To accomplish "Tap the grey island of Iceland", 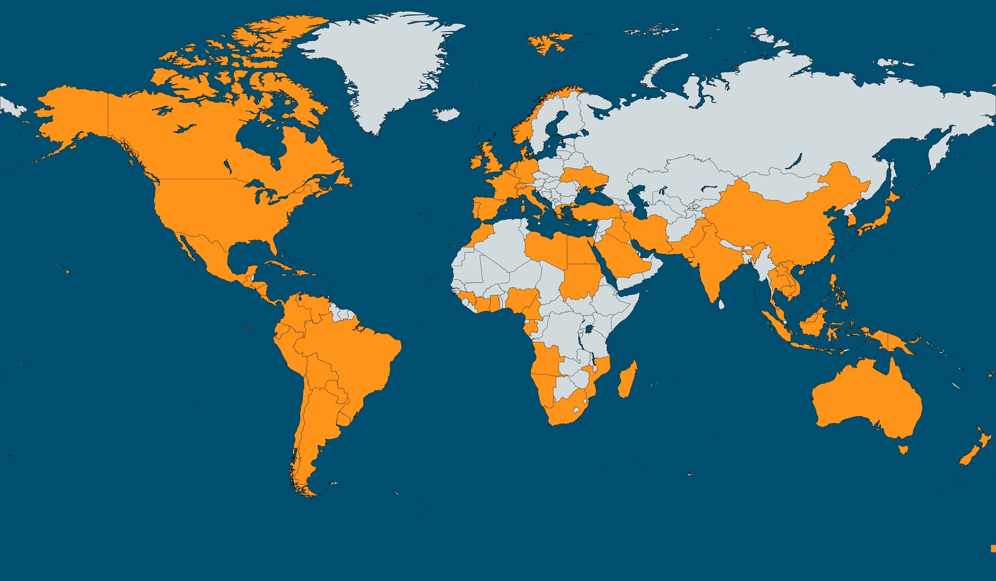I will tap(446, 114).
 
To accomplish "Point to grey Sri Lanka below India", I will tap(722, 305).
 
